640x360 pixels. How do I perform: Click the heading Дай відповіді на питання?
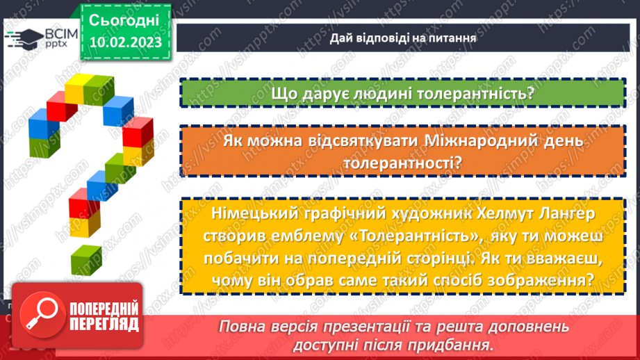403,38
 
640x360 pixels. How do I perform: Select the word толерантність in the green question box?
476,93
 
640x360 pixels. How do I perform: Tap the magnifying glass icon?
40,312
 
